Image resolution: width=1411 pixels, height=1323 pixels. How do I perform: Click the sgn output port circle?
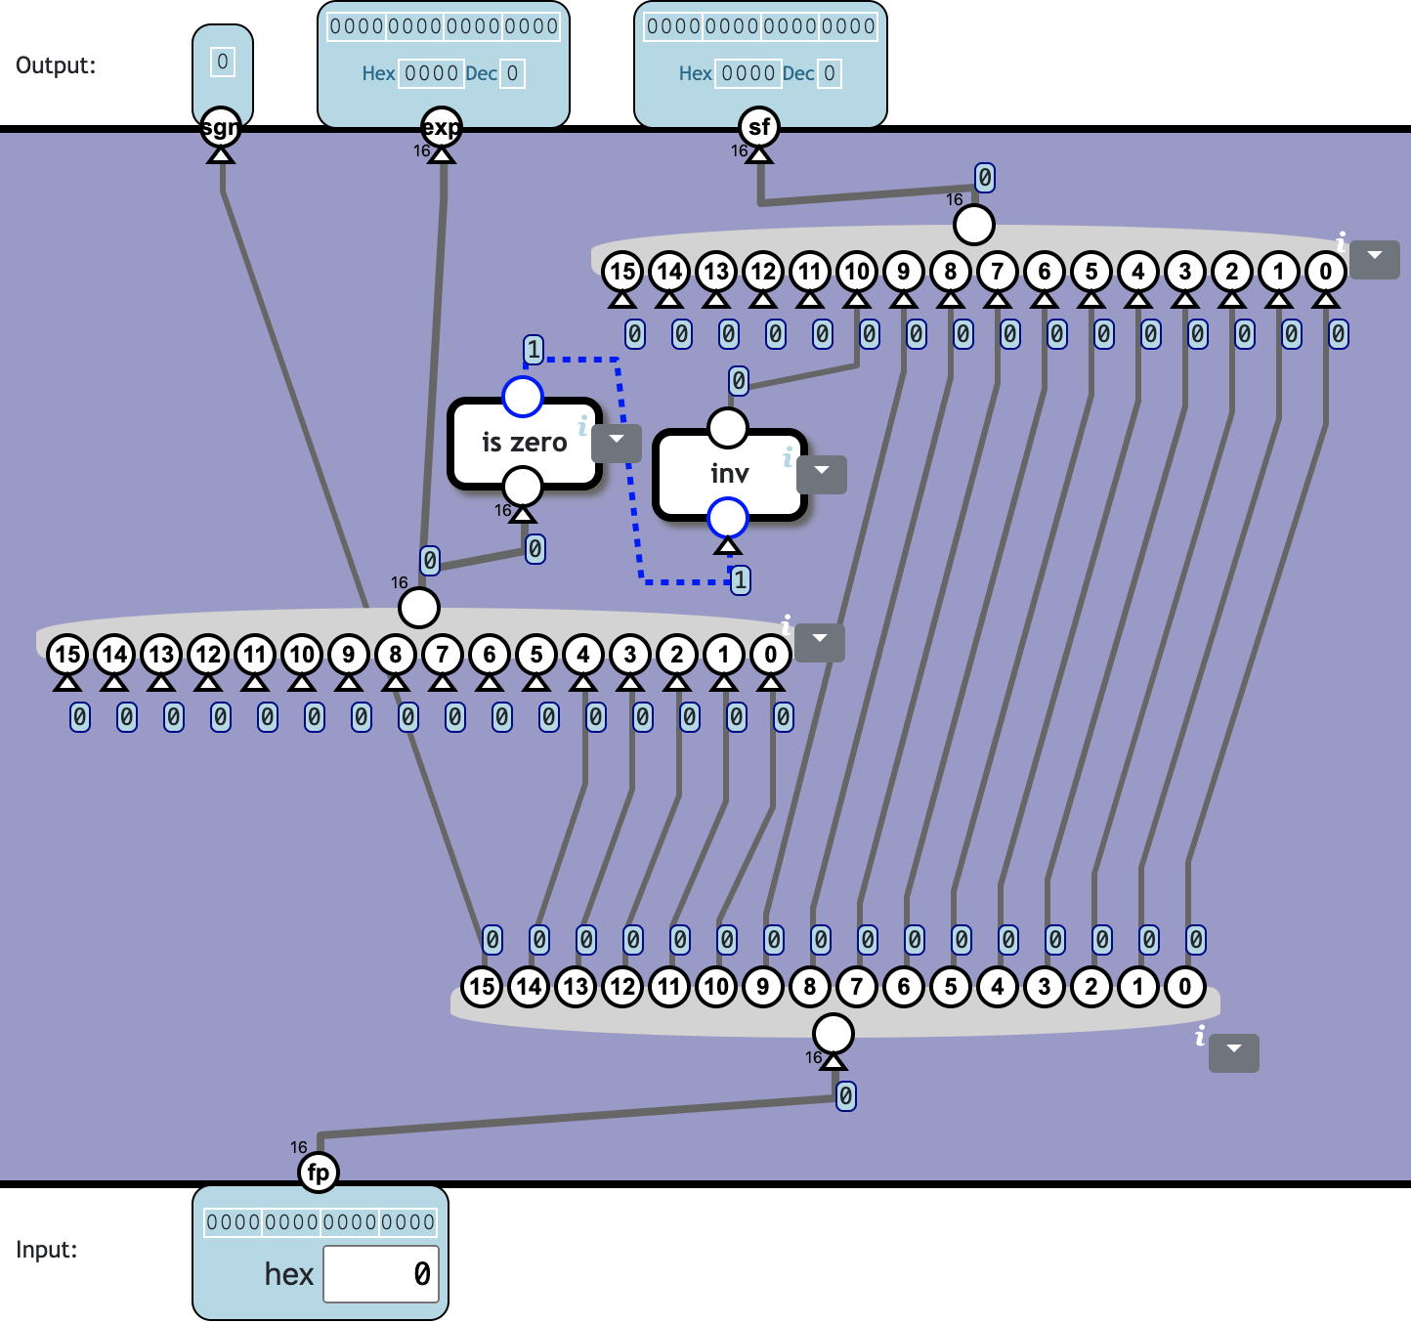(221, 127)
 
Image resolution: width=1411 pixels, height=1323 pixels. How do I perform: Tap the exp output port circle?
(442, 127)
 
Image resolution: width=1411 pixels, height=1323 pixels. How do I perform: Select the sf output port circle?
(759, 127)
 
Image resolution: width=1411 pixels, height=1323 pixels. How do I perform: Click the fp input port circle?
(319, 1173)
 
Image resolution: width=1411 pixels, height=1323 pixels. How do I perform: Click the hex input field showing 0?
(381, 1274)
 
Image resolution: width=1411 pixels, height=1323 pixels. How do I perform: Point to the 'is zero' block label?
(525, 443)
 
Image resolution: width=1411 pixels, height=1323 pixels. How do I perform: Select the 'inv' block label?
(730, 474)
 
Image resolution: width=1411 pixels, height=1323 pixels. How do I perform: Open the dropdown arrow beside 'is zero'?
(617, 442)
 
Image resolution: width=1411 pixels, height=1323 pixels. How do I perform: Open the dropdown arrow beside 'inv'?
(822, 473)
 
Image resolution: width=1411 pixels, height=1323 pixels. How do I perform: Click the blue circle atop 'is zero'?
(523, 397)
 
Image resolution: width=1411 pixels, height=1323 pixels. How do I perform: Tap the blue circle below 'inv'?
(728, 518)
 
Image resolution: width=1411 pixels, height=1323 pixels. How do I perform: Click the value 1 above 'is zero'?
(534, 349)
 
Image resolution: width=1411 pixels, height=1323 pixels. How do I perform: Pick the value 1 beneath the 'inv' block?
(741, 580)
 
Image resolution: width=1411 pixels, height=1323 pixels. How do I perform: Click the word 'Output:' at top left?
(56, 65)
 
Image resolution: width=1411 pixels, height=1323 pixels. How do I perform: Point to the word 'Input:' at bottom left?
(47, 1250)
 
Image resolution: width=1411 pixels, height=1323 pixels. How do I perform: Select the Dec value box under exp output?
(512, 73)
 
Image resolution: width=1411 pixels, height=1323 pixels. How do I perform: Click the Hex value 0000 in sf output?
(748, 73)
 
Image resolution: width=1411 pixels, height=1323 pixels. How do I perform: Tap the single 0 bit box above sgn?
(223, 63)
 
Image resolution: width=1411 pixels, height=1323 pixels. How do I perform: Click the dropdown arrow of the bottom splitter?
(1234, 1051)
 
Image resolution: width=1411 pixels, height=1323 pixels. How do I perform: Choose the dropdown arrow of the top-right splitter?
(1375, 258)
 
